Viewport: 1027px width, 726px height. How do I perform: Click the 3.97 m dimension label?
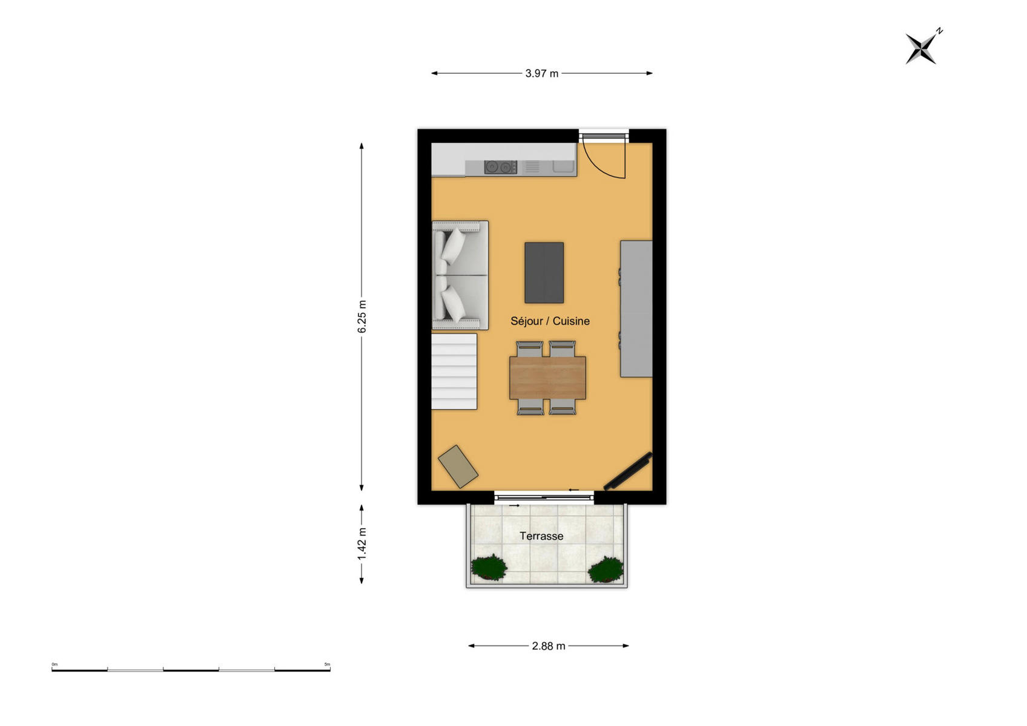541,73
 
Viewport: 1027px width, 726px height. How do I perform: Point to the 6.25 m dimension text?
362,316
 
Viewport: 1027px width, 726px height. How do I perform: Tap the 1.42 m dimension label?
362,544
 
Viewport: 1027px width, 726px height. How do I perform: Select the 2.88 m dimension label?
549,646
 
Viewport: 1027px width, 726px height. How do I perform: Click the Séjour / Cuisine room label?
550,321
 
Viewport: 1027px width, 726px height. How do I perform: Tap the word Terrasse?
541,536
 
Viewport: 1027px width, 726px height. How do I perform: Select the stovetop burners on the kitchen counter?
501,167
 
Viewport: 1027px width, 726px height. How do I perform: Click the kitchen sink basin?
564,167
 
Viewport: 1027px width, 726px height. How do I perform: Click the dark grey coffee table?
544,272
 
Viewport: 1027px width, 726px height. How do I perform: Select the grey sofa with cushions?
460,275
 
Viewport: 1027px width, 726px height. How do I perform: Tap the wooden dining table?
547,378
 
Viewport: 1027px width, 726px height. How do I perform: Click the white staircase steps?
454,371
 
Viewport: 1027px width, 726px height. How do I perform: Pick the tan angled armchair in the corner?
458,466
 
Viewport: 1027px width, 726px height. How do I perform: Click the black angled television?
628,471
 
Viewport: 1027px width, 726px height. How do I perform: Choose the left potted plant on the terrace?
489,568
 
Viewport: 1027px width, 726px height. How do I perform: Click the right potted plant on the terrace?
606,570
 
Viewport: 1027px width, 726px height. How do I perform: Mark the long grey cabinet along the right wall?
636,309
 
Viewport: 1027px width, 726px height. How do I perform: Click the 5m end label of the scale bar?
328,664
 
